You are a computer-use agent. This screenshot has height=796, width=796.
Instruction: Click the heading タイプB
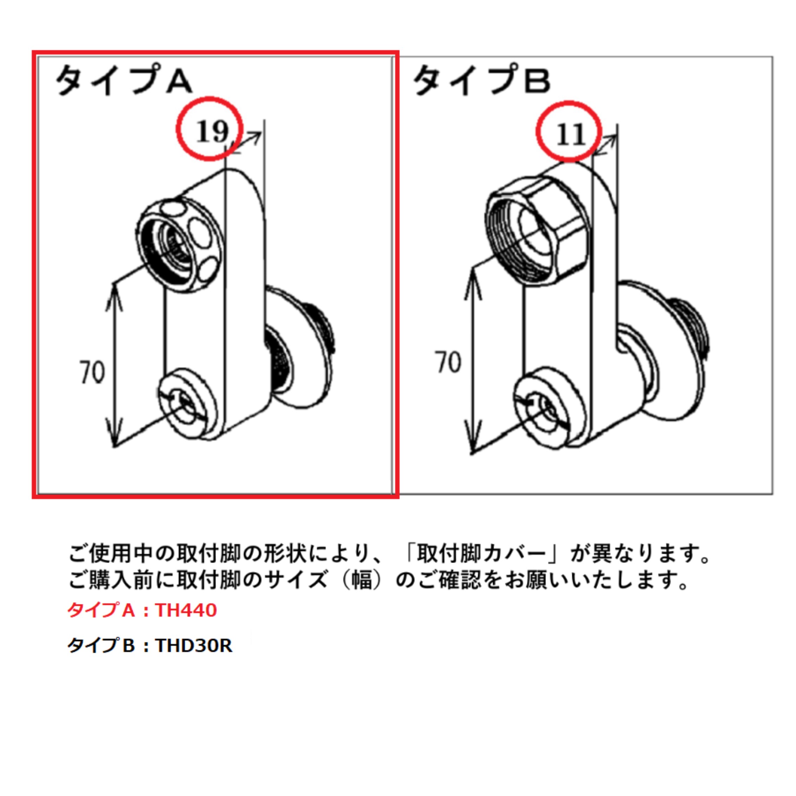(482, 80)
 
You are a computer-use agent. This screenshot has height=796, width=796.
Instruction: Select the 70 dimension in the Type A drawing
(92, 372)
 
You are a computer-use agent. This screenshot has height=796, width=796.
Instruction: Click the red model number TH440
(186, 610)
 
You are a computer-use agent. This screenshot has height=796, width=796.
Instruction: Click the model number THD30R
(194, 646)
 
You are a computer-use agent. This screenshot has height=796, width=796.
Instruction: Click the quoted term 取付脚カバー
(481, 555)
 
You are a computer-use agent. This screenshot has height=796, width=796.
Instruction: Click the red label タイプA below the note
(101, 610)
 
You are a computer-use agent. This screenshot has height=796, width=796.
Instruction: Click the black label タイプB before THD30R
(101, 646)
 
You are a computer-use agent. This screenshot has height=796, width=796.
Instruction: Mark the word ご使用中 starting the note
(111, 555)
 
